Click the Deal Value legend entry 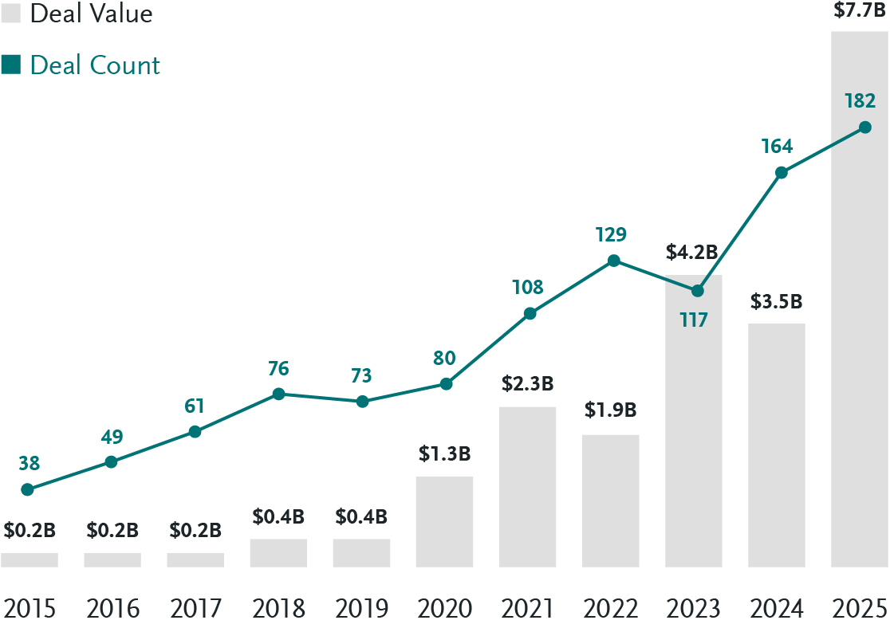coord(77,14)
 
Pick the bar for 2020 coord(444,522)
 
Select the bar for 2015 coord(30,560)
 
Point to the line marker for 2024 coord(782,173)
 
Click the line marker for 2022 coord(613,261)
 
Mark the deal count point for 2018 coord(278,394)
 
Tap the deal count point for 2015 coord(27,489)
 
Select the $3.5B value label coord(776,303)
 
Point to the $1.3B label coord(444,454)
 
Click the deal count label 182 coord(860,101)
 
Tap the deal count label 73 coord(362,376)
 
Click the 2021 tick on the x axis coord(527,608)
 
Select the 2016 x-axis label coord(112,608)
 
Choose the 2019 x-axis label coord(361,608)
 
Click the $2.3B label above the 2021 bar coord(527,383)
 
